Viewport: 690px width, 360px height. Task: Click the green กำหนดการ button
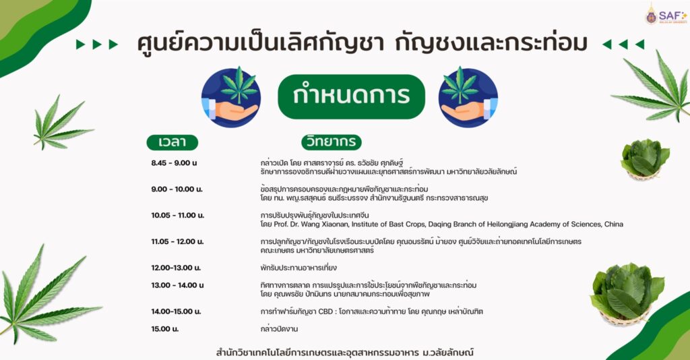[351, 97]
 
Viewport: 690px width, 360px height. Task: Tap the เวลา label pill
[172, 142]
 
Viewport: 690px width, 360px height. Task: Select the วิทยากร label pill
[332, 142]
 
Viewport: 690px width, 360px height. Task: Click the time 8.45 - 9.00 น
[175, 163]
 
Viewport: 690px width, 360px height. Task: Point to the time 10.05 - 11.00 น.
[178, 215]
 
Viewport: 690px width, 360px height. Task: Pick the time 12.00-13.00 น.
[176, 268]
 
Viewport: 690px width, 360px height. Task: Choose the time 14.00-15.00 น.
[176, 311]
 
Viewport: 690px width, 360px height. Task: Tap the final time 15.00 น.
[165, 329]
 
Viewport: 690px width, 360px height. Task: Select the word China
[613, 224]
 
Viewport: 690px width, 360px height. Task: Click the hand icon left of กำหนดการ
[231, 97]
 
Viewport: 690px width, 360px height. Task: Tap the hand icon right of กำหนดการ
[468, 97]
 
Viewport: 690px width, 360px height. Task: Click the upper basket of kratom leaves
[645, 159]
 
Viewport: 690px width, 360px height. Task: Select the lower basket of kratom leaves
[627, 294]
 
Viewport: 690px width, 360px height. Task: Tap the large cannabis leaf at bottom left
[46, 295]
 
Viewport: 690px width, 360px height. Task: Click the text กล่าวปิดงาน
[279, 329]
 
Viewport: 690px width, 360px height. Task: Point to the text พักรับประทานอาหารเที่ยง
[299, 268]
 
